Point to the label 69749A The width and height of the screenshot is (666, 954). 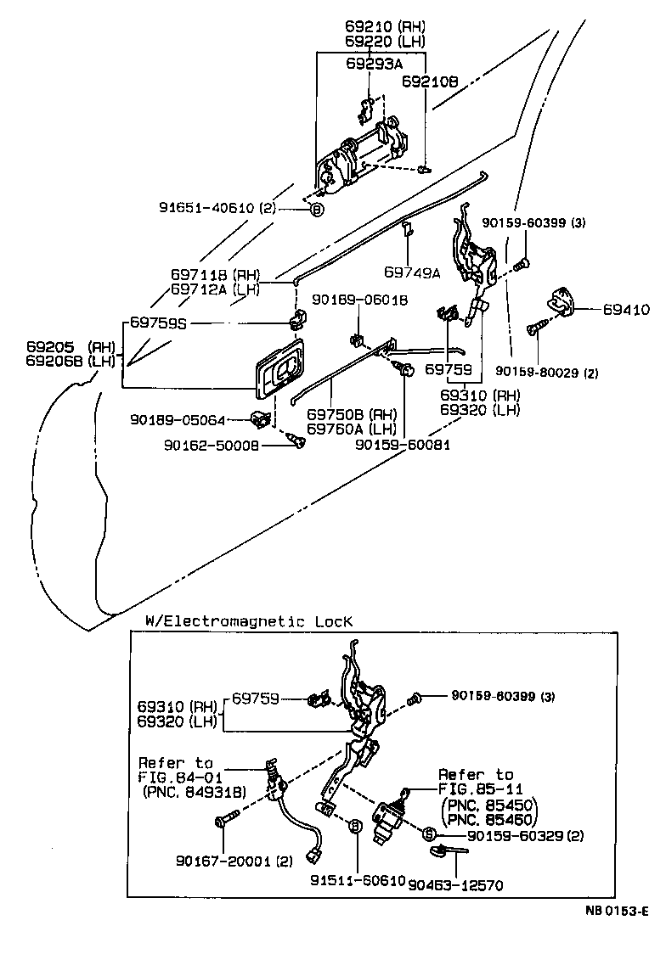[x=412, y=272]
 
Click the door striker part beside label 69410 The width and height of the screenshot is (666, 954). [x=560, y=300]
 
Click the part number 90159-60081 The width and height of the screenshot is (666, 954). [x=402, y=444]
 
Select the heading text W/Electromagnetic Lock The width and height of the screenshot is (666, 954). [x=243, y=621]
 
